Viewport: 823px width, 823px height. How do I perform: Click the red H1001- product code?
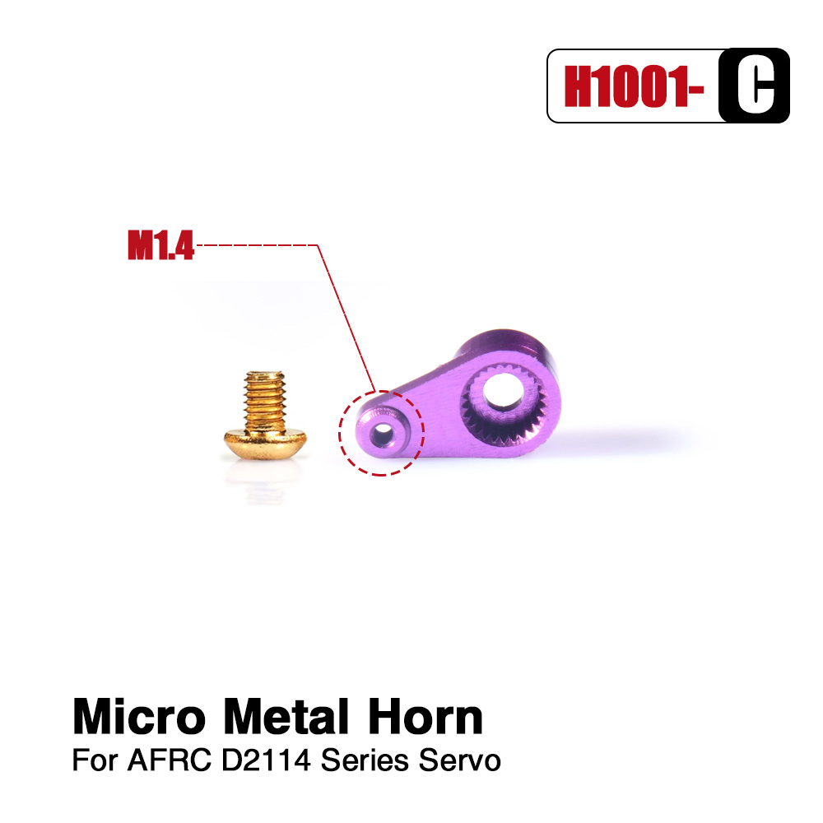pyautogui.click(x=634, y=86)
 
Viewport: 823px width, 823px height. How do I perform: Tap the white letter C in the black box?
pyautogui.click(x=756, y=86)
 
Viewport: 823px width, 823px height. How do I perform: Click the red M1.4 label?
pyautogui.click(x=161, y=245)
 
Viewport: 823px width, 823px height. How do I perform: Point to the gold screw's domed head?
pyautogui.click(x=266, y=443)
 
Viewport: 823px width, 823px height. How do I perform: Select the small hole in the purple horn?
pyautogui.click(x=384, y=434)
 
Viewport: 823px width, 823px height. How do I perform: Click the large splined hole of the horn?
pyautogui.click(x=503, y=390)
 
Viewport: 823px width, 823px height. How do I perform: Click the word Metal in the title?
pyautogui.click(x=286, y=717)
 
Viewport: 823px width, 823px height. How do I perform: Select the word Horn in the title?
pyautogui.click(x=425, y=717)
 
